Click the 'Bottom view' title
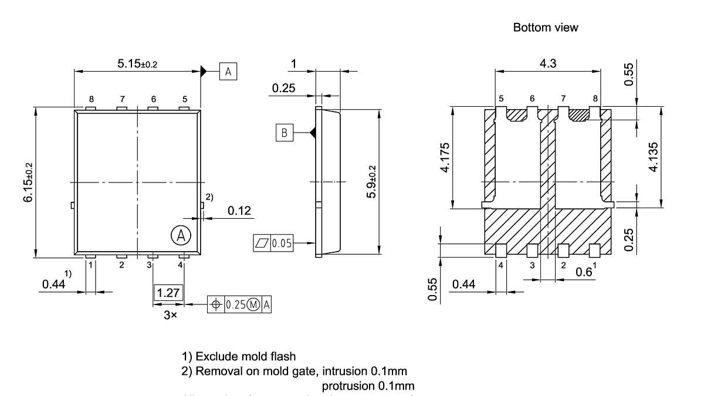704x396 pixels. tap(545, 28)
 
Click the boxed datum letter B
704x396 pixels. tap(285, 133)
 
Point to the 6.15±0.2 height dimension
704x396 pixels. tap(28, 182)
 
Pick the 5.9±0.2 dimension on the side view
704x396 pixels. tap(371, 182)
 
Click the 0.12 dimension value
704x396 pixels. tap(240, 211)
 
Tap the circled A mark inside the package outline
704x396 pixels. tap(181, 235)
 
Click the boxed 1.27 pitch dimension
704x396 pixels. tap(168, 292)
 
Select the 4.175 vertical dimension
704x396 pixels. tap(445, 158)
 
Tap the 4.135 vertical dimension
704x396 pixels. tap(653, 158)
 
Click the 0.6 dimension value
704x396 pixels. tap(585, 272)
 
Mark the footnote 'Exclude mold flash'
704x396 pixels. tap(239, 356)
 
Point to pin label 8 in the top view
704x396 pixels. tap(91, 99)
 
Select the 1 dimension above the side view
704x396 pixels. tap(294, 63)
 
